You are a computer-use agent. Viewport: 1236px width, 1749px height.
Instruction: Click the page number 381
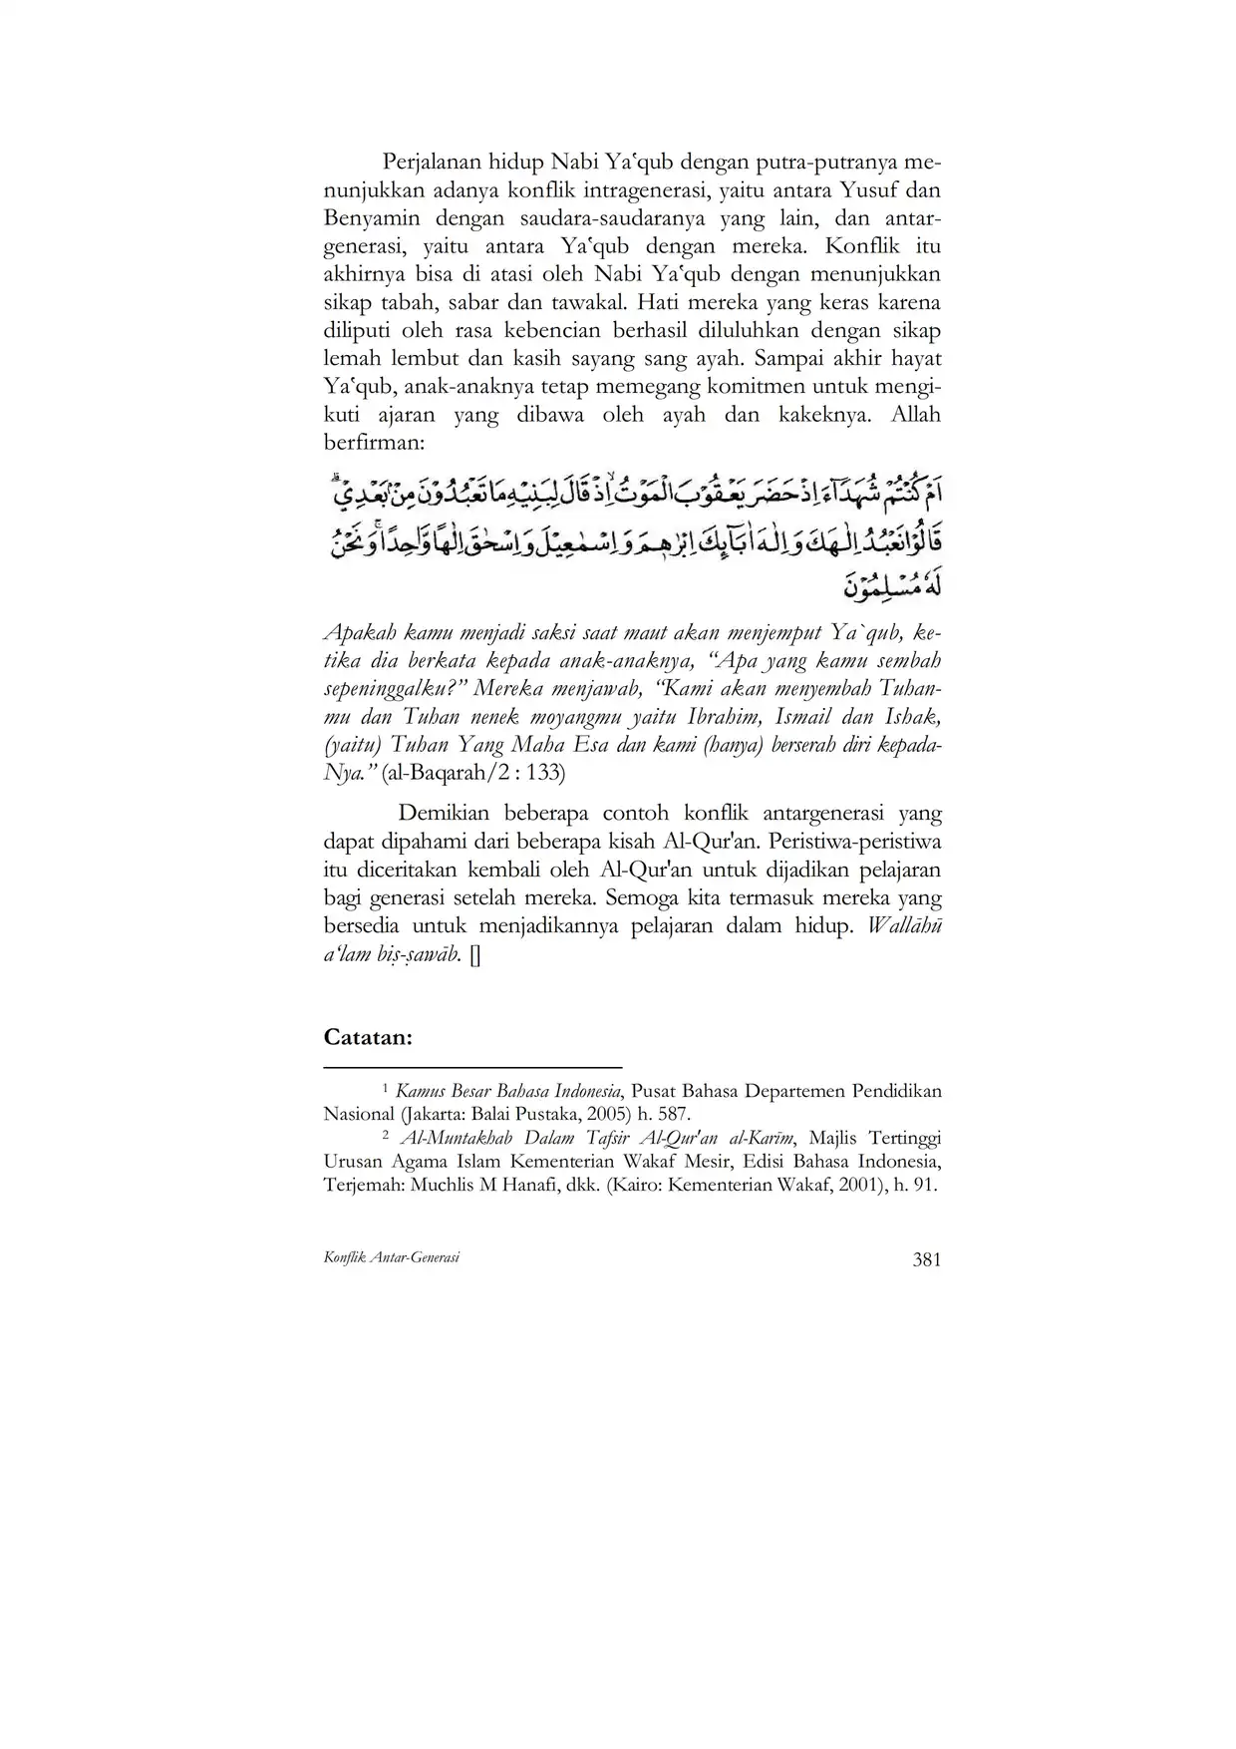(926, 1259)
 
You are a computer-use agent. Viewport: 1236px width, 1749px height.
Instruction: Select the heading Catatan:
(368, 1037)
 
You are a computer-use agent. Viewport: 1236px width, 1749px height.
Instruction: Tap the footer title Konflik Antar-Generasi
(392, 1258)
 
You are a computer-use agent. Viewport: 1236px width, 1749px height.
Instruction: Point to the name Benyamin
(372, 218)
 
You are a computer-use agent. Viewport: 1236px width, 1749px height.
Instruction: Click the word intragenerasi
(631, 190)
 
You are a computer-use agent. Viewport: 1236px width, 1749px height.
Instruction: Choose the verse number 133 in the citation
(543, 773)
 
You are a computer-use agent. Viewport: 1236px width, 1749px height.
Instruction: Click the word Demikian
(445, 815)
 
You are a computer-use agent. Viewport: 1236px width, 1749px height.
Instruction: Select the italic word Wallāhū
(904, 926)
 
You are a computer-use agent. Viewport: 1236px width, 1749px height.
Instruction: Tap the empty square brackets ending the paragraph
(473, 955)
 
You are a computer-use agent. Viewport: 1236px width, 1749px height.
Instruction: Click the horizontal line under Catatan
(472, 1066)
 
